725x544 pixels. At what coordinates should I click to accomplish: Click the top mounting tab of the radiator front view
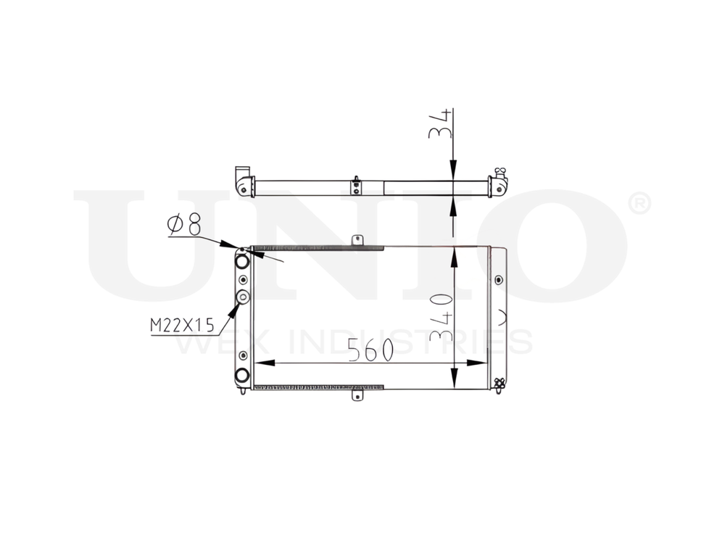[x=356, y=240]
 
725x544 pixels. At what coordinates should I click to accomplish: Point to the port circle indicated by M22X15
[x=243, y=297]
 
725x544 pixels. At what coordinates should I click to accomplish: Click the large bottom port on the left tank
[x=242, y=375]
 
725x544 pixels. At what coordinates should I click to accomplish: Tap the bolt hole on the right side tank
[x=498, y=280]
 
